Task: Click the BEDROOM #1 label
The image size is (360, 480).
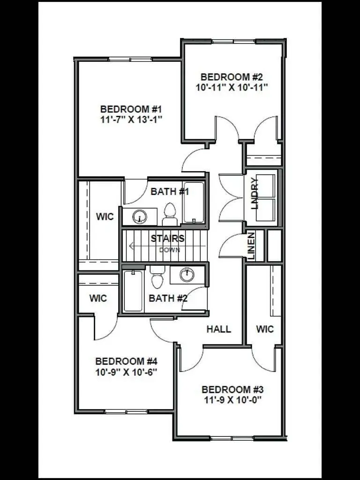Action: (131, 109)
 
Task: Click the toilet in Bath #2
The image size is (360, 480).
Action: (157, 277)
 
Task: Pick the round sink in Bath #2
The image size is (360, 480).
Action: (187, 275)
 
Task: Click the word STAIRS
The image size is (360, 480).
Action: (167, 239)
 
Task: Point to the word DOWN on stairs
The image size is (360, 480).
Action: (170, 250)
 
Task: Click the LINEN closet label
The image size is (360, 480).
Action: (251, 246)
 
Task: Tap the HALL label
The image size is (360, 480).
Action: (219, 329)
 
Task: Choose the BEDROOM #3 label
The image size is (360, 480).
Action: (232, 390)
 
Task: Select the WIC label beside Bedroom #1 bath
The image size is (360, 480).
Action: (105, 217)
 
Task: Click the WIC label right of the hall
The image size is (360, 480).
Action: (265, 329)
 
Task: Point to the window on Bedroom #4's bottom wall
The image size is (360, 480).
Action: (126, 412)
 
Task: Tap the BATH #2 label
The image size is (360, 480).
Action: (168, 298)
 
